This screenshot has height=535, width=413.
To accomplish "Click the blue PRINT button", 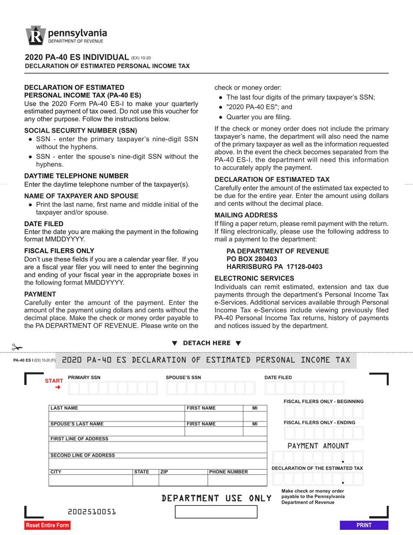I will [x=364, y=525].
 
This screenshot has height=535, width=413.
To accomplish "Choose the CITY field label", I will [x=56, y=471].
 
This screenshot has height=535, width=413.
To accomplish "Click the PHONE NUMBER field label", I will [x=229, y=471].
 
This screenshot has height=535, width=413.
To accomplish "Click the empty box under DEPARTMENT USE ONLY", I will [x=216, y=512].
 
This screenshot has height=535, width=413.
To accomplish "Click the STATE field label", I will [x=142, y=471].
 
